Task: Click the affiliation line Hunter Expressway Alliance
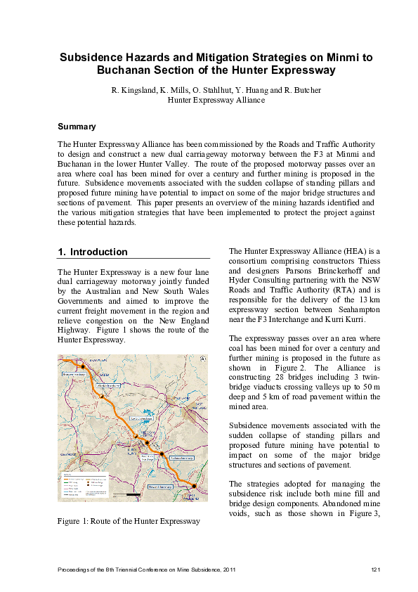tap(216, 100)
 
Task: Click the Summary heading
tap(77, 127)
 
